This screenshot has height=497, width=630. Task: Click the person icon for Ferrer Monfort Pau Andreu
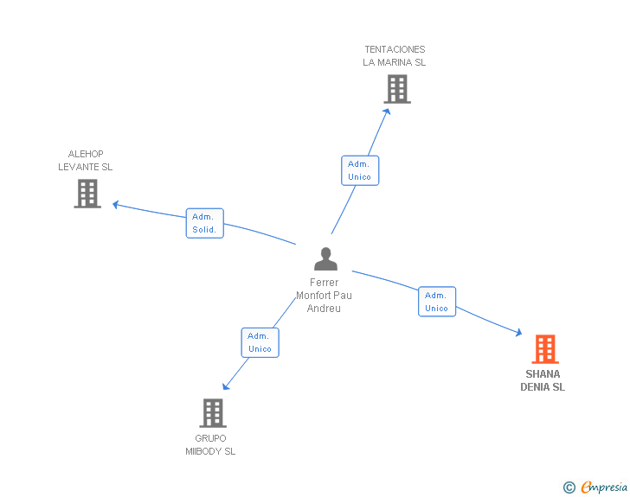pos(325,259)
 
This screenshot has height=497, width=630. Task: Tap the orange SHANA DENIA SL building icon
pos(544,349)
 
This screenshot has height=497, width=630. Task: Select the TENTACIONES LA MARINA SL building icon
pos(396,89)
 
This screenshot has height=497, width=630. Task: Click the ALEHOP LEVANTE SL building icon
pos(87,194)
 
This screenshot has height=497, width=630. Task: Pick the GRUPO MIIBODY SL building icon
pos(213,413)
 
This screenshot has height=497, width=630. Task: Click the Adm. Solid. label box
pos(204,223)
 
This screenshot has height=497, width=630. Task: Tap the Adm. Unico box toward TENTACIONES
pos(359,170)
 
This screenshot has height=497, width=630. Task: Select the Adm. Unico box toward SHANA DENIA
pos(436,302)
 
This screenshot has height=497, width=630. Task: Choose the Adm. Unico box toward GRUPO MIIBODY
pos(260,342)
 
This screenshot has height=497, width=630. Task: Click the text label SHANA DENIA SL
pos(543,381)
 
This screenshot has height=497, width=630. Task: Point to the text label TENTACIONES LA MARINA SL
pos(395,56)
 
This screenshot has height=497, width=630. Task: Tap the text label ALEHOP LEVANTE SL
pos(86,161)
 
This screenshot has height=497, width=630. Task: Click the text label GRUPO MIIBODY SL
pos(210,445)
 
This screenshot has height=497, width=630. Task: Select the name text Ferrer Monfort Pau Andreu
pos(325,296)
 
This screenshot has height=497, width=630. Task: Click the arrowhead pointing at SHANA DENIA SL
pos(517,333)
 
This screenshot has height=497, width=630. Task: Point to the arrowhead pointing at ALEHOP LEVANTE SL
pos(116,205)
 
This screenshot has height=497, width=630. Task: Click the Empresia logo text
pos(604,487)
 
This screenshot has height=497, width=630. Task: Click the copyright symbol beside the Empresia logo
pos(569,488)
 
